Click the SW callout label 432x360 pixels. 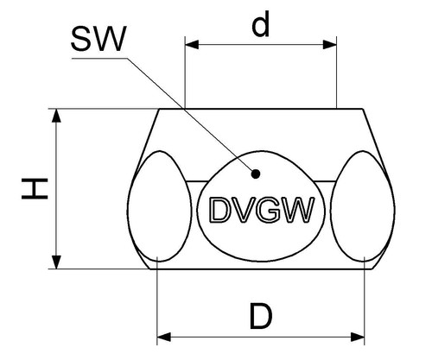[x=98, y=39]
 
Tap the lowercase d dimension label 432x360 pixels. [x=261, y=24]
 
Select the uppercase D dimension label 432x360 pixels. [x=261, y=316]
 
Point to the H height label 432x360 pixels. [x=35, y=189]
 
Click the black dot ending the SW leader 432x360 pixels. [x=256, y=174]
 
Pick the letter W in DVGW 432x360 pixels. [x=297, y=210]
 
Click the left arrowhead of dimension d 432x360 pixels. [x=192, y=45]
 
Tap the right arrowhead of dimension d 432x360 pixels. [x=329, y=45]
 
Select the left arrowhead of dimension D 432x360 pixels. [x=164, y=337]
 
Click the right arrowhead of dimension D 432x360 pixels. [x=358, y=337]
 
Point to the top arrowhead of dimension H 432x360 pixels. [x=56, y=116]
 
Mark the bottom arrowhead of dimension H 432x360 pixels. [x=56, y=262]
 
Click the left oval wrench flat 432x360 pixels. [x=160, y=206]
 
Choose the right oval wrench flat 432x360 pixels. [x=362, y=206]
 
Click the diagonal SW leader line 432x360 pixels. [x=191, y=115]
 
